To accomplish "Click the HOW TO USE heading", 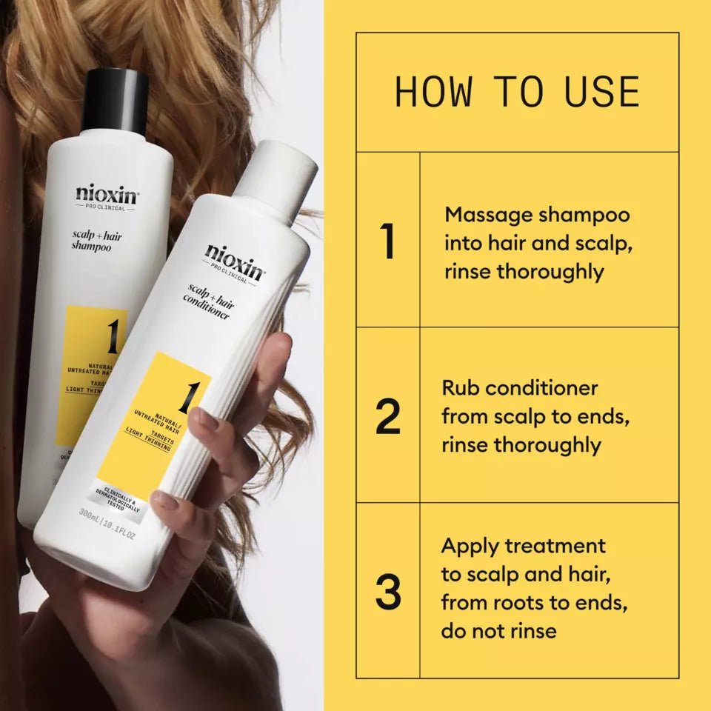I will coord(517,92).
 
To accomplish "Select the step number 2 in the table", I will coord(387,418).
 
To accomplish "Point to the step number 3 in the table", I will coord(387,592).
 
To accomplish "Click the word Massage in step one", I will coord(488,215).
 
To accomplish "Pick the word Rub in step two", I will coord(460,388).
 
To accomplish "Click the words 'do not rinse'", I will coord(498,631).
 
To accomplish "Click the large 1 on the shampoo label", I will coord(111,337).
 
